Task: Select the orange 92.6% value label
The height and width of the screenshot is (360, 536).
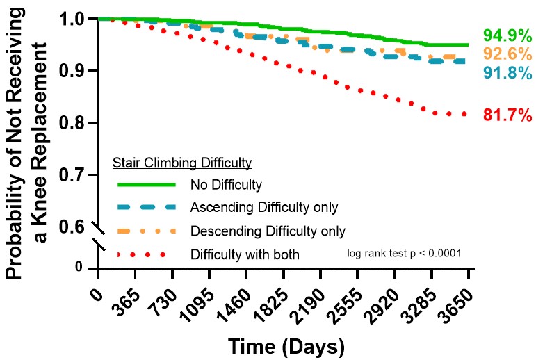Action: click(x=504, y=54)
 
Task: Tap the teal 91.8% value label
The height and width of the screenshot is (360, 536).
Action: click(x=504, y=72)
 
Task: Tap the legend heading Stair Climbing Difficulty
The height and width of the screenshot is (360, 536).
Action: click(x=181, y=163)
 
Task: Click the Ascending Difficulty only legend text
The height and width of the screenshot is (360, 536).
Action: click(x=263, y=207)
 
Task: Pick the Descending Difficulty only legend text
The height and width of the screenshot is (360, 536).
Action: click(x=268, y=230)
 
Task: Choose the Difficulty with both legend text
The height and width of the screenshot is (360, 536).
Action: click(x=244, y=254)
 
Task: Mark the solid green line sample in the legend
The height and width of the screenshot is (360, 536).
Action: click(x=145, y=185)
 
